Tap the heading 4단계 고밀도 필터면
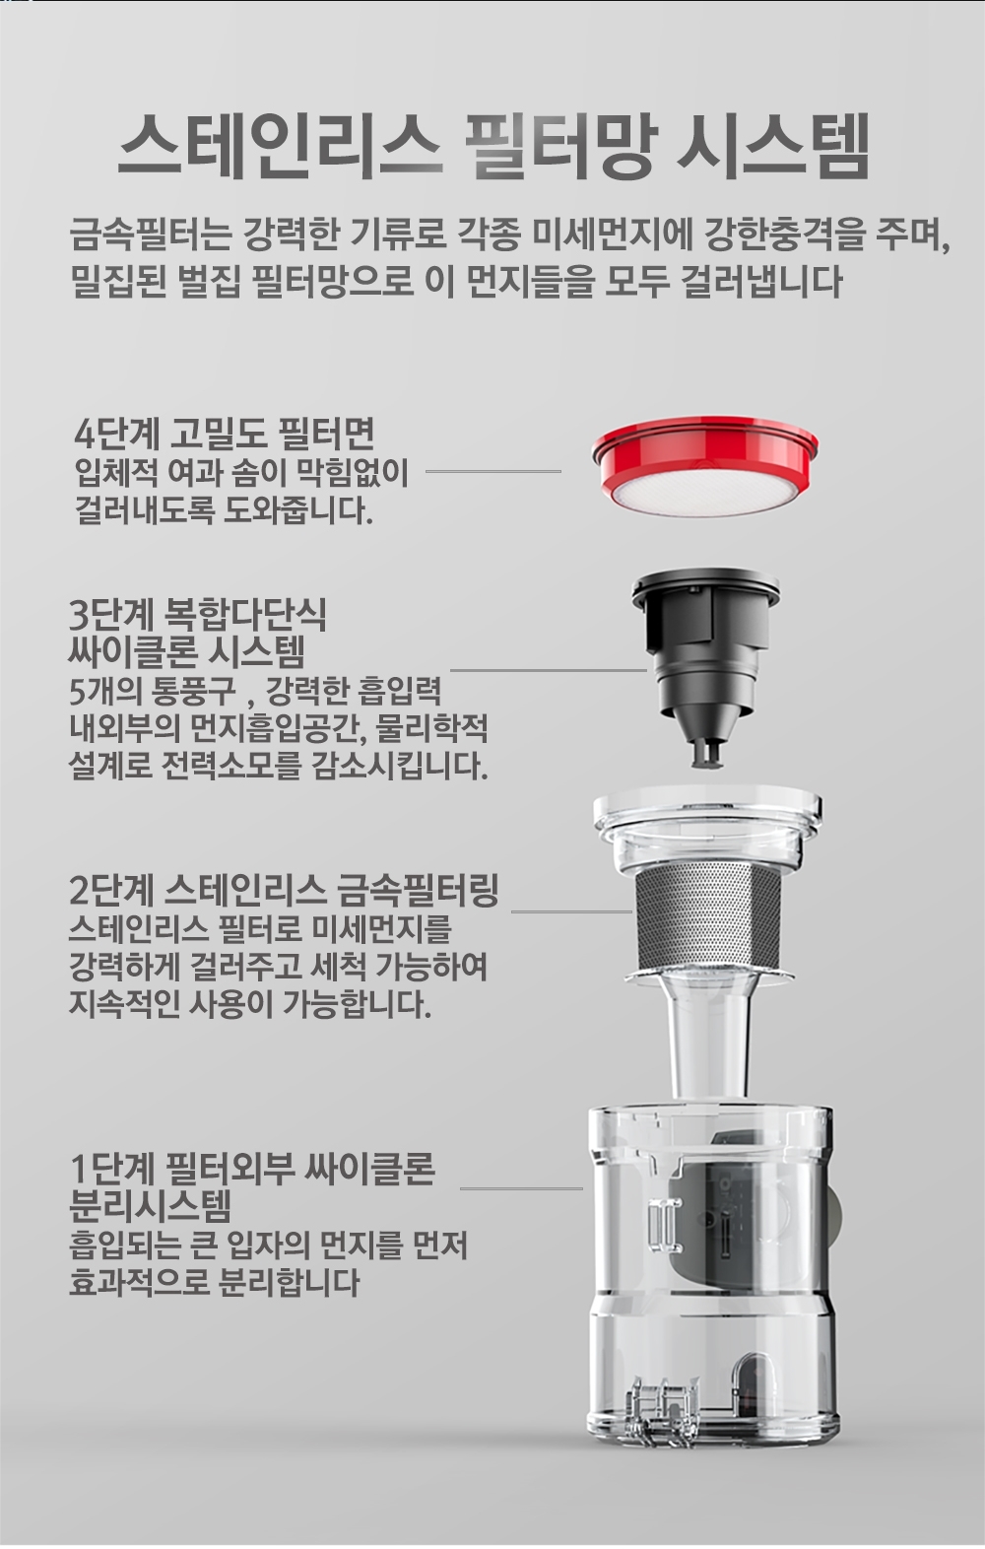(x=224, y=434)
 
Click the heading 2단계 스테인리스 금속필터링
(x=284, y=892)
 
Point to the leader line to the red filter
(x=493, y=472)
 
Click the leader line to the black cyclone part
(x=549, y=669)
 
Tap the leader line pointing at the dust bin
(x=521, y=1188)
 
